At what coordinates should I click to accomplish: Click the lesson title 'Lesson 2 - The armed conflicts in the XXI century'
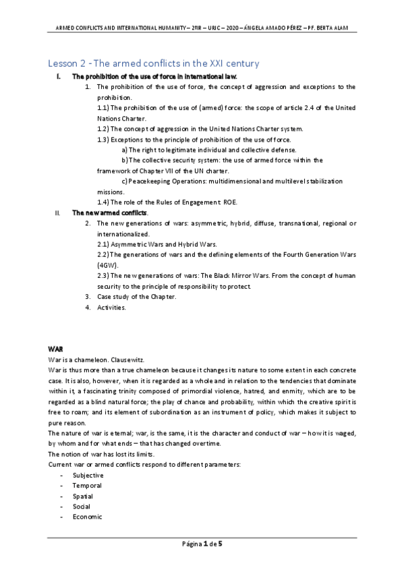tap(153, 63)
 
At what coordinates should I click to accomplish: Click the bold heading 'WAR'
tap(55, 349)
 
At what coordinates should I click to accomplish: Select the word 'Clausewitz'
tap(130, 360)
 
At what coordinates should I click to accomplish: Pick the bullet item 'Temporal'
tap(87, 485)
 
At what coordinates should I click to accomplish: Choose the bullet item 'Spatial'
tap(83, 496)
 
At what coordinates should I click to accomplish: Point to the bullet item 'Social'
tap(82, 506)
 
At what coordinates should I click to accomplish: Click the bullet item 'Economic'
tap(88, 517)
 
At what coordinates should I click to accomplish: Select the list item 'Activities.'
tap(111, 308)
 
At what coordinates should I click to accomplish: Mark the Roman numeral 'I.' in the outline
tap(59, 77)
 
